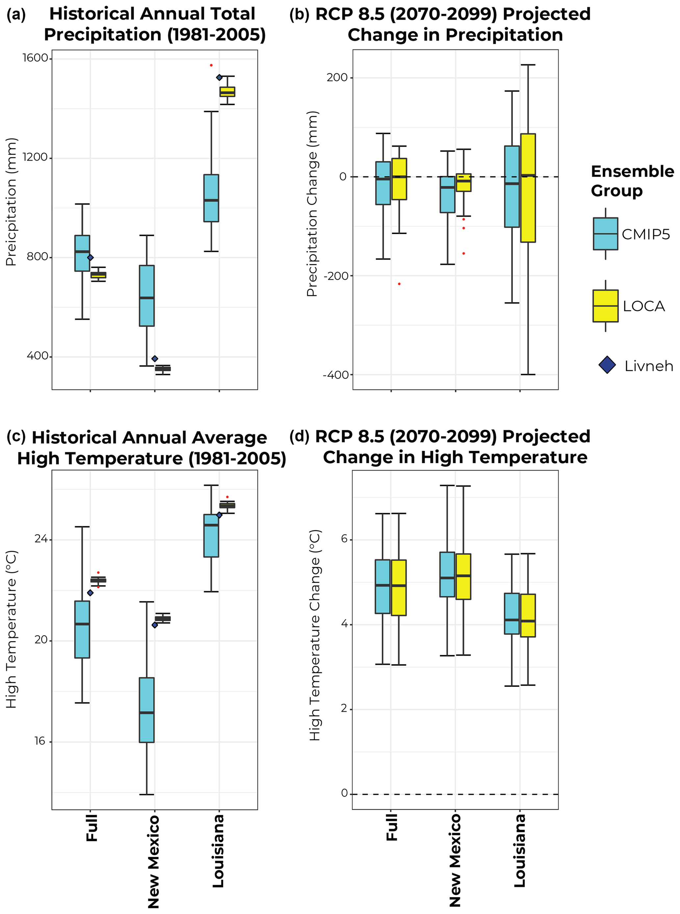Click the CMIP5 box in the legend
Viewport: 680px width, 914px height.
click(x=605, y=234)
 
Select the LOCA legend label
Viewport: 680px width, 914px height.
click(x=643, y=306)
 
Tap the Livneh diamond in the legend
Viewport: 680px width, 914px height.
click(x=607, y=365)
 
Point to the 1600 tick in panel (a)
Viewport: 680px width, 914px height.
click(x=36, y=58)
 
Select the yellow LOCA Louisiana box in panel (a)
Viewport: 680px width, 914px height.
click(x=227, y=91)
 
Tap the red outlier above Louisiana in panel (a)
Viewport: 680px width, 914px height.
click(x=211, y=65)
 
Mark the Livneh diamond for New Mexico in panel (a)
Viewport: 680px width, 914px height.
click(x=155, y=359)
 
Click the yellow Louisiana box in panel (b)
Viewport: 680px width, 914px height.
click(x=528, y=188)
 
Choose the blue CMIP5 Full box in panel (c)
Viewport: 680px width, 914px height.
click(x=82, y=629)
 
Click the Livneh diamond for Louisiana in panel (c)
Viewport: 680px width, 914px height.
click(x=219, y=515)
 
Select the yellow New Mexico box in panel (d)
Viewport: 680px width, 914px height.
click(x=464, y=576)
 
